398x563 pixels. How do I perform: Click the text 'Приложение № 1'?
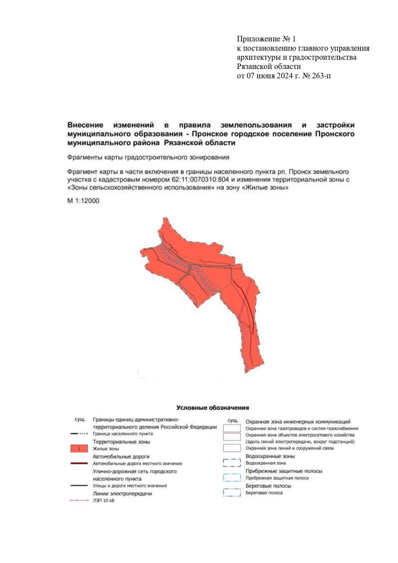[x=266, y=39]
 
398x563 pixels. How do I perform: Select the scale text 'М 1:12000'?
[x=83, y=201]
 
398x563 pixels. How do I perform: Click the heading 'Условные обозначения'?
[x=212, y=408]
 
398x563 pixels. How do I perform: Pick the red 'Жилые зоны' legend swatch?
[x=79, y=449]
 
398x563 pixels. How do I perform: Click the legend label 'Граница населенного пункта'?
[x=123, y=434]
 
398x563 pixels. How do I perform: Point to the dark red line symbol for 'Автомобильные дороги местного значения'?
[x=79, y=463]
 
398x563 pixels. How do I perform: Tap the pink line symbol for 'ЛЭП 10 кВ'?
[x=79, y=501]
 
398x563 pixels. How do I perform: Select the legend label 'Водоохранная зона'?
[x=265, y=463]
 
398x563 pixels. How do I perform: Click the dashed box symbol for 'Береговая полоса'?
[x=232, y=493]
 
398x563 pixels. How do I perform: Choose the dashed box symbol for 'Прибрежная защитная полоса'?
[x=232, y=478]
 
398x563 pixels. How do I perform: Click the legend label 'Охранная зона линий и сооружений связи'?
[x=289, y=448]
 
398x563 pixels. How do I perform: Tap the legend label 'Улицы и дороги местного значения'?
[x=129, y=486]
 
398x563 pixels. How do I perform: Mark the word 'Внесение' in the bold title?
[x=85, y=125]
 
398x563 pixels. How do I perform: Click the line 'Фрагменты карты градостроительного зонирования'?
[x=148, y=157]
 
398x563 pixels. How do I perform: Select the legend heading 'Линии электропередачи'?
[x=122, y=494]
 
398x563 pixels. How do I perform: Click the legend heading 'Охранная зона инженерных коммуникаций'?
[x=298, y=422]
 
